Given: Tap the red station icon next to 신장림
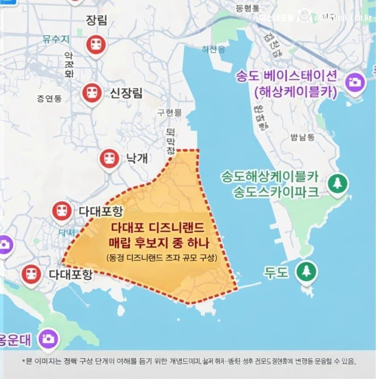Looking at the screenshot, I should click(x=92, y=92).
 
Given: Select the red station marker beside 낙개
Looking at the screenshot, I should click(x=109, y=158).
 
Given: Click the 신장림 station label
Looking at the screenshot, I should click(x=126, y=93).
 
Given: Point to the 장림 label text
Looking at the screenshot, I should click(x=97, y=20).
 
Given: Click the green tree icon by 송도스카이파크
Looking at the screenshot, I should click(x=338, y=183).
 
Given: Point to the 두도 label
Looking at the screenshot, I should click(x=276, y=271).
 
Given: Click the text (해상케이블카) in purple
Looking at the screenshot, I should click(x=296, y=92).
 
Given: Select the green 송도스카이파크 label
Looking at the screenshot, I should click(x=276, y=192).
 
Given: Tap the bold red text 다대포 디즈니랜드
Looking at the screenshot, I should click(x=157, y=228).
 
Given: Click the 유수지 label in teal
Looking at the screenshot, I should click(x=56, y=39).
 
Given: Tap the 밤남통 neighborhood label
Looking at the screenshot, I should click(x=303, y=137).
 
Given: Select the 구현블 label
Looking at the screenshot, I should click(x=169, y=113).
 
